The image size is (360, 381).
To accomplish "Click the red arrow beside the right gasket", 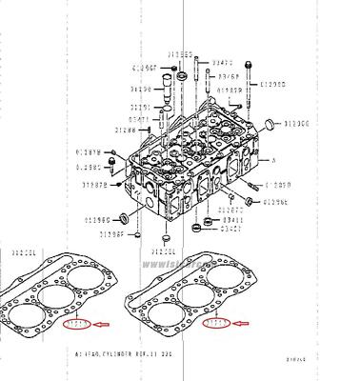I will click(245, 325).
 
